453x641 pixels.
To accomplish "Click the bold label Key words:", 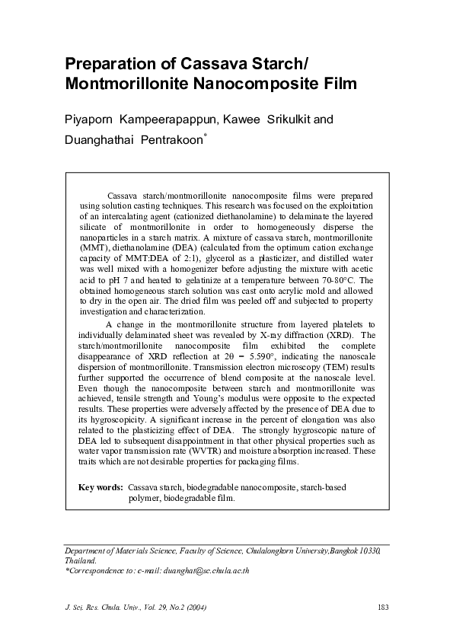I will pyautogui.click(x=101, y=486).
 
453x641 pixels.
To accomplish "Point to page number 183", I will pyautogui.click(x=383, y=606).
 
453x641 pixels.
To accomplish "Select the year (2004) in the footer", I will pyautogui.click(x=193, y=606).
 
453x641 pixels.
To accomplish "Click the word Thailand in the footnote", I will pyautogui.click(x=80, y=560).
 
